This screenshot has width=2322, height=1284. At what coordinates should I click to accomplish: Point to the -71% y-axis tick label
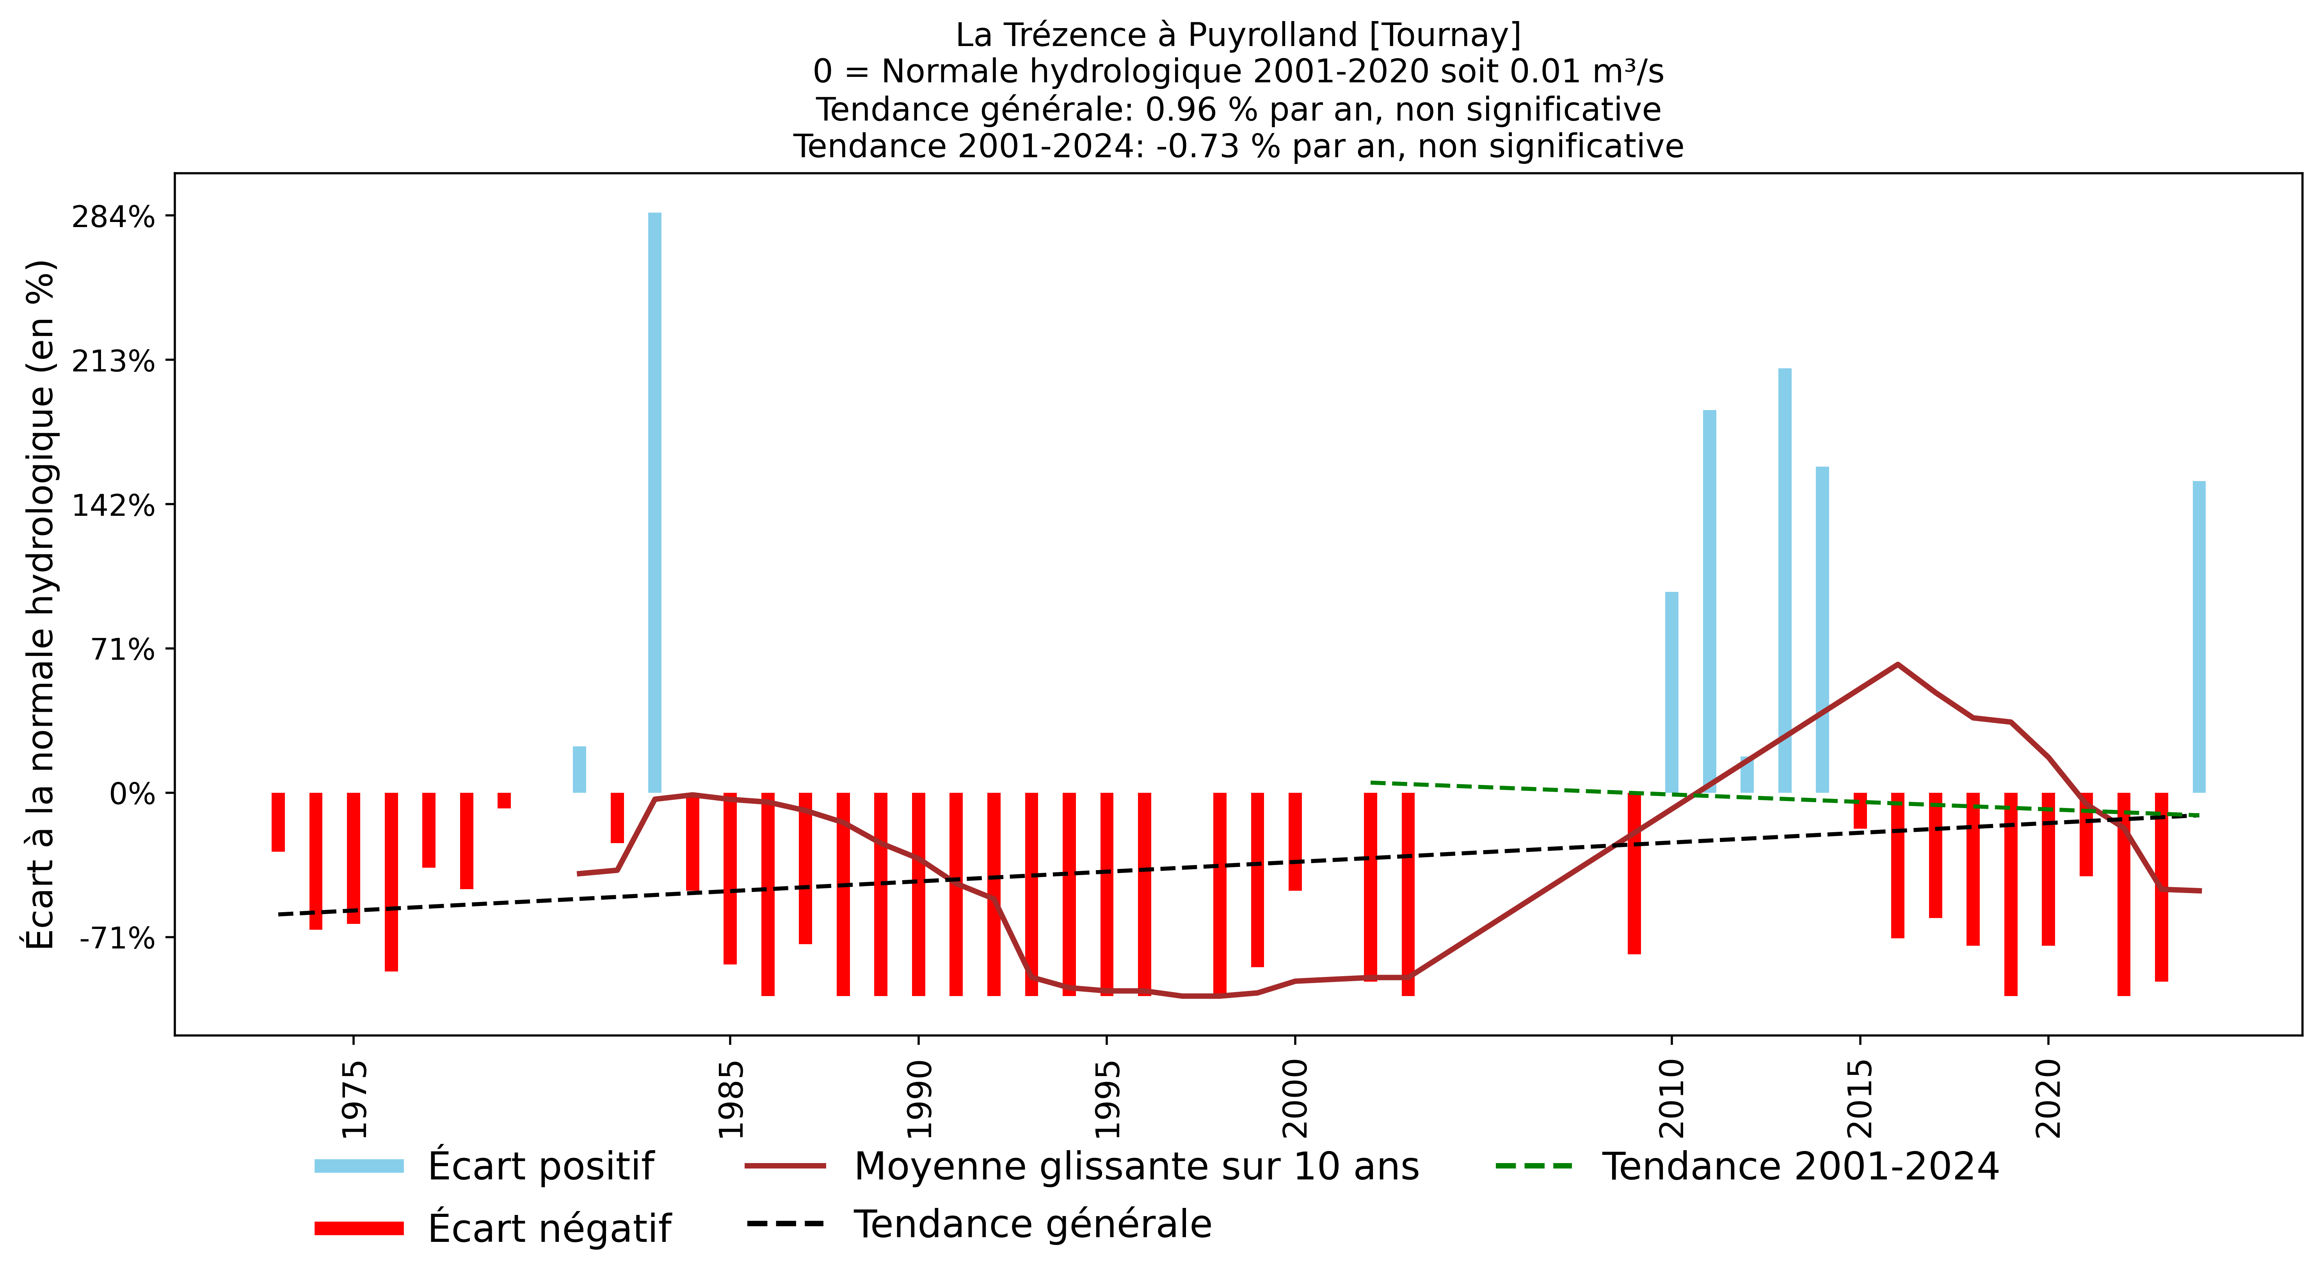click(x=117, y=938)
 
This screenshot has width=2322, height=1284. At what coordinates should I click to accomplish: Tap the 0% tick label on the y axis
click(x=133, y=794)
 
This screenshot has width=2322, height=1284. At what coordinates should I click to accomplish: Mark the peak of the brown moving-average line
click(x=1897, y=664)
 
